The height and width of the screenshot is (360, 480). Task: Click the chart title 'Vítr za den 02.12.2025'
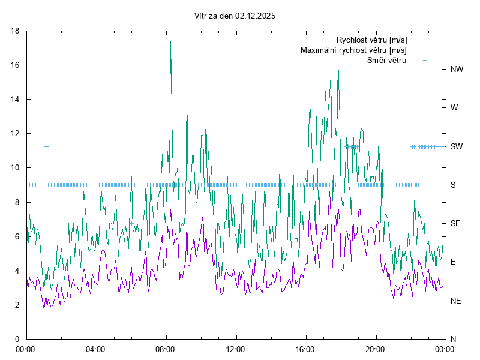(235, 16)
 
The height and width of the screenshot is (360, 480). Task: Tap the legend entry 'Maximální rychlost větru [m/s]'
(353, 50)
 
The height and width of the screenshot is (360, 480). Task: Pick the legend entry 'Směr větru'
(386, 60)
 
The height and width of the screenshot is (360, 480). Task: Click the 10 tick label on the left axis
(16, 168)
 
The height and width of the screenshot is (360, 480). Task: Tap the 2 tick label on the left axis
(18, 305)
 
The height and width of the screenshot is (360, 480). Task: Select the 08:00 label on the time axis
(165, 349)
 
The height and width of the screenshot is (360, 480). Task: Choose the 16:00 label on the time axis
(305, 349)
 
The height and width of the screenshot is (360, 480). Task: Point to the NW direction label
(457, 70)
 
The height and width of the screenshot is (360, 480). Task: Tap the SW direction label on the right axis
(457, 146)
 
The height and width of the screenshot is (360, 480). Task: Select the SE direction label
(455, 223)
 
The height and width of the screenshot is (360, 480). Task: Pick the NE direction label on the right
(455, 301)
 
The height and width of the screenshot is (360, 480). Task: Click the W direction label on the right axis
(454, 108)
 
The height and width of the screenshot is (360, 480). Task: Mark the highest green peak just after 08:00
(170, 41)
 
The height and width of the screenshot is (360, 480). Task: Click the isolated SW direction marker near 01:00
(46, 146)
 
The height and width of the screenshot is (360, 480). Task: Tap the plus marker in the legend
(425, 60)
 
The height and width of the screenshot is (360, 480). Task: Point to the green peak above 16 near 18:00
(338, 61)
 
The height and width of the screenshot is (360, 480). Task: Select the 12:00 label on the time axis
(235, 349)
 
